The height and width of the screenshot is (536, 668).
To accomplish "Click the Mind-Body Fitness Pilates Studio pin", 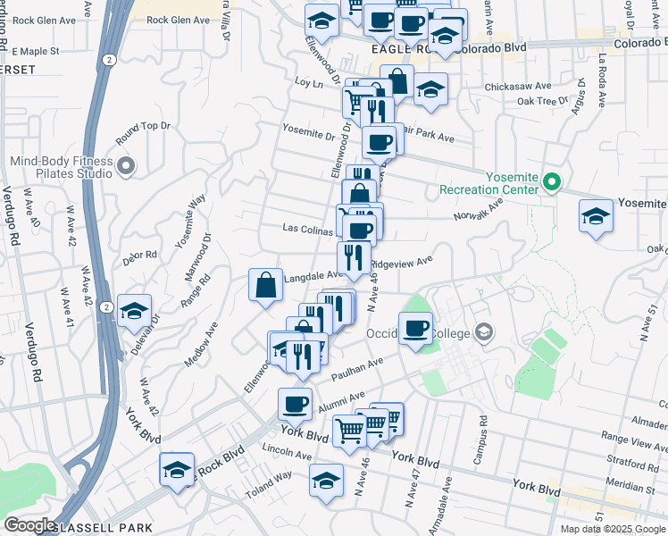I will [x=126, y=165].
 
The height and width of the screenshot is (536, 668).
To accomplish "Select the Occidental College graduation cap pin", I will [x=483, y=332].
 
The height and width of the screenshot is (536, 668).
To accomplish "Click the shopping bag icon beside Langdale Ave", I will [x=266, y=285].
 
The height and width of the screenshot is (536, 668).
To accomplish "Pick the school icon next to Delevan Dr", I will [x=134, y=310].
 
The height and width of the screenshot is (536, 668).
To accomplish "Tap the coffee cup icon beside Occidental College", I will [x=415, y=328].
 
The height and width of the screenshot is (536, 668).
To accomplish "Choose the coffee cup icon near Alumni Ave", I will [x=295, y=404].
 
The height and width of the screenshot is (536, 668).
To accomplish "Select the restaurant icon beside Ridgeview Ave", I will [x=355, y=257].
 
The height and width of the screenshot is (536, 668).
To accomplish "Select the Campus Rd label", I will [x=482, y=432].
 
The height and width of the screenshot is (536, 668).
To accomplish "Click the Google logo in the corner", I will [x=29, y=525].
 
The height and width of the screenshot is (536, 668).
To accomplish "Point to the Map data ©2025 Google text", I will [x=613, y=529].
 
